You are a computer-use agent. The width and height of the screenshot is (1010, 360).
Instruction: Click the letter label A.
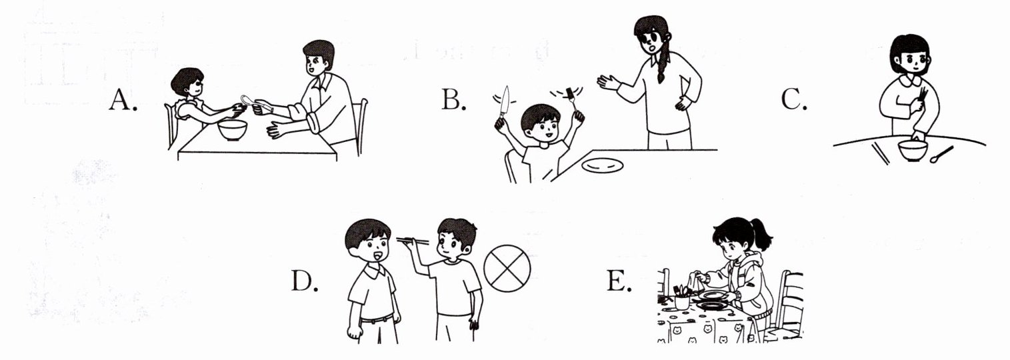coord(123,99)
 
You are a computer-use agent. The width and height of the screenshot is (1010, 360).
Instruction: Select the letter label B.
coord(453,99)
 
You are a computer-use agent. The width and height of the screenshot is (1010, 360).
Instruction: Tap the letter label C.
coord(793,99)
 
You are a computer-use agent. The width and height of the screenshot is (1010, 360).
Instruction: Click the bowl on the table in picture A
coord(233,130)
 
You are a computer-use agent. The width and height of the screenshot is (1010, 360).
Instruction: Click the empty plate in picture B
coord(603,166)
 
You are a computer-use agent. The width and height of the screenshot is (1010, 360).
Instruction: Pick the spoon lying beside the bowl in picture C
coord(941,155)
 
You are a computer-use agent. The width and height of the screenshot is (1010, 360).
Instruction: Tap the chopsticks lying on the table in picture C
coord(880,154)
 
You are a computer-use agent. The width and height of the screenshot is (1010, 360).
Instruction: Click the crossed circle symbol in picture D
coord(507,269)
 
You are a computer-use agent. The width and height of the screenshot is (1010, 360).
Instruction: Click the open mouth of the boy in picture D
coord(377,257)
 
